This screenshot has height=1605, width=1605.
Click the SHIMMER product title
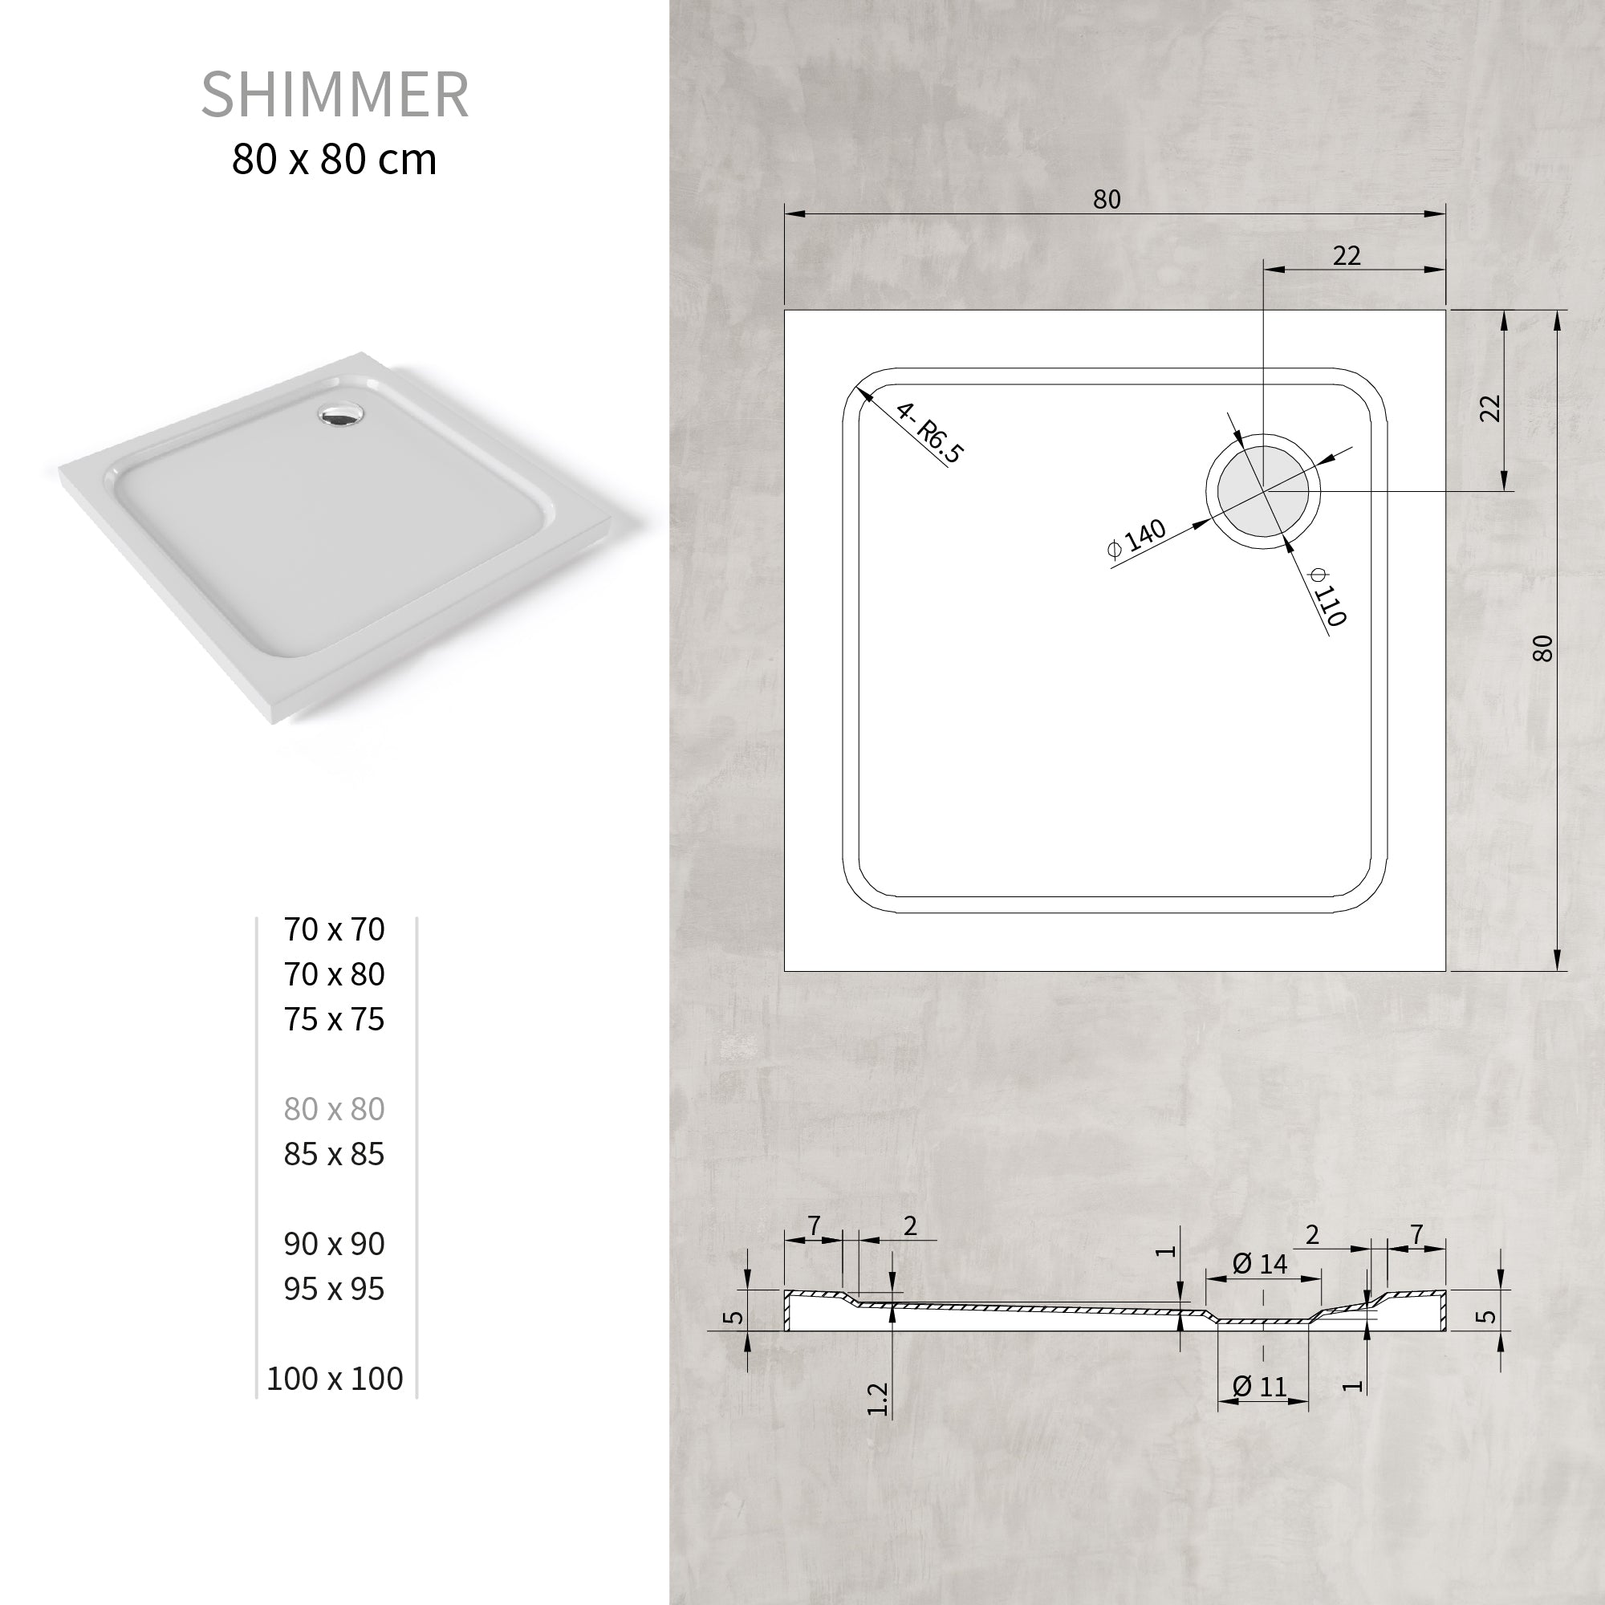(335, 95)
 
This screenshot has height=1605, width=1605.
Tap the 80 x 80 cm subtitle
(334, 160)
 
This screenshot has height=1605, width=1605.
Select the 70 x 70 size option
(334, 929)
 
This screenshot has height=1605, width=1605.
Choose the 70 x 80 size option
(334, 974)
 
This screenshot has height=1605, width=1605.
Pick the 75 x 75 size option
(334, 1019)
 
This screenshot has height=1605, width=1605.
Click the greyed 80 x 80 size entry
(334, 1109)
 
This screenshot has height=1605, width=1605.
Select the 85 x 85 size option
(334, 1154)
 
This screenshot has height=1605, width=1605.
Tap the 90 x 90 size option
(334, 1244)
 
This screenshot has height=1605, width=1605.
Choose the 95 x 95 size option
(334, 1289)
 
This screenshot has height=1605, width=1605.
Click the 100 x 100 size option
(335, 1378)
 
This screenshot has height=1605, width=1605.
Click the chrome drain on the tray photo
(339, 414)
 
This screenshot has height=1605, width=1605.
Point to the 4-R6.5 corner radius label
(929, 433)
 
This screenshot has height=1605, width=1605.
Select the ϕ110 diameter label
(1327, 595)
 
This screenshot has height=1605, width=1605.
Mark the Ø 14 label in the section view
(1259, 1264)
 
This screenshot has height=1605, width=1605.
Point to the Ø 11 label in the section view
(1259, 1387)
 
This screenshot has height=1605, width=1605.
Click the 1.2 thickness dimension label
(877, 1398)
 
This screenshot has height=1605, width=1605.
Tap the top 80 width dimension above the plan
(1107, 199)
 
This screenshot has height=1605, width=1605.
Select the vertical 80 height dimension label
(1542, 648)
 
